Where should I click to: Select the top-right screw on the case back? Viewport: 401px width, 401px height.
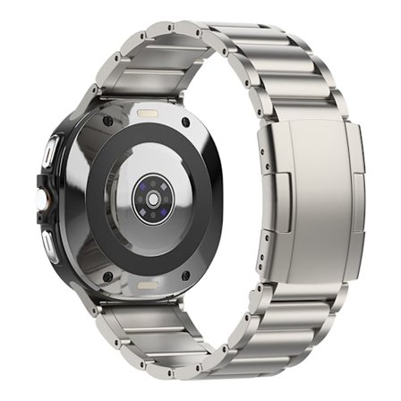(186, 122)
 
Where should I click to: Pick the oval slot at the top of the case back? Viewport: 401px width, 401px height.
(147, 115)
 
